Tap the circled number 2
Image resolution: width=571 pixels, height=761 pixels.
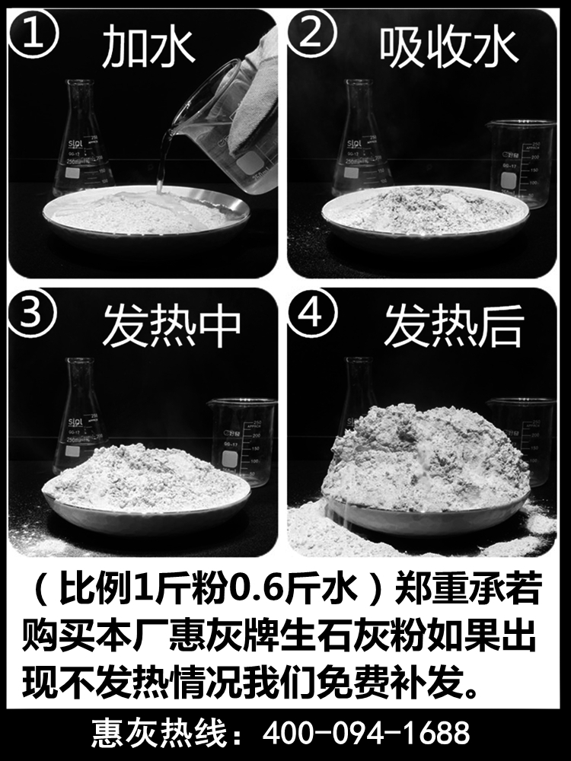[311, 35]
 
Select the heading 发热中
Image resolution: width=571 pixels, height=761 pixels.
[171, 325]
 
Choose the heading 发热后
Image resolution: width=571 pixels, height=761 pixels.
[454, 325]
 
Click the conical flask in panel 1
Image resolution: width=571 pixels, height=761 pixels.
[82, 141]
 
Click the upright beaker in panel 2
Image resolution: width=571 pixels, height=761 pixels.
[519, 164]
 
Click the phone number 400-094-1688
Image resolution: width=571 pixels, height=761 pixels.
[366, 734]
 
